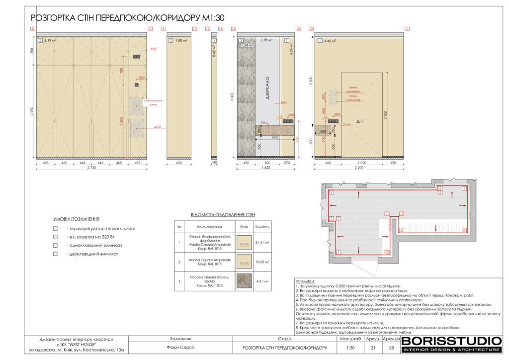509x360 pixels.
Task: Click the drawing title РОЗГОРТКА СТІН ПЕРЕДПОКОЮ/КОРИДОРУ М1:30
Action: point(128,18)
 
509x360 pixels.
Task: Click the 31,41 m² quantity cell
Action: point(262,243)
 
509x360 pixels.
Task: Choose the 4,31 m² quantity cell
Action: point(262,281)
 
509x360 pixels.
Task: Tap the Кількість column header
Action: point(262,227)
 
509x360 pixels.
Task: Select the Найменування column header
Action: point(209,227)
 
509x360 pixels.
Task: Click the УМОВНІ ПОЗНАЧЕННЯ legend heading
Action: point(77,219)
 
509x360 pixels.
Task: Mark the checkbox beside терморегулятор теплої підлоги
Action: point(56,229)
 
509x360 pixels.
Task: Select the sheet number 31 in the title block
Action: point(373,348)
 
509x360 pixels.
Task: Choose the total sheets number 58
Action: point(392,348)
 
